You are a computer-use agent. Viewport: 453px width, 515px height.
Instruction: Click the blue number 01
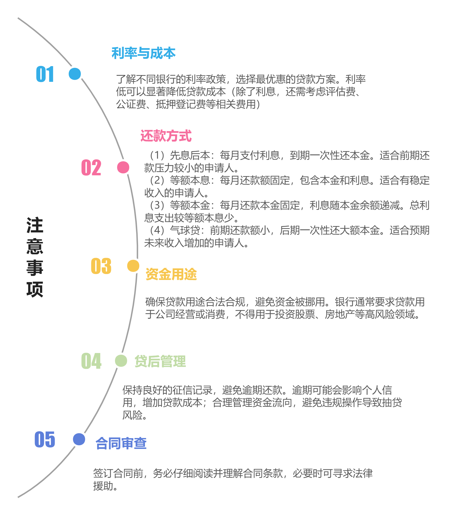45,74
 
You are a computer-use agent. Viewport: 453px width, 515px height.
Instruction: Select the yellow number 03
101,266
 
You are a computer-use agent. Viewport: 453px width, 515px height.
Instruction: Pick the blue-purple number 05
45,439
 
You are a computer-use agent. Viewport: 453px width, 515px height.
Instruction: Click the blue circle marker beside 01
75,74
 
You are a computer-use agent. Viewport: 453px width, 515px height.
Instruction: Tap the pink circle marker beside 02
123,167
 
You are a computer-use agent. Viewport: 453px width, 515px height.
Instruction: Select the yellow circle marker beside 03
133,266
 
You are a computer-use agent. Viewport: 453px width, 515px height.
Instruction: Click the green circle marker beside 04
121,361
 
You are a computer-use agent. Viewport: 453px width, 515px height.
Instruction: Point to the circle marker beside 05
79,439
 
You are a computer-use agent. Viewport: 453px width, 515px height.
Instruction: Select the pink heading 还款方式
166,136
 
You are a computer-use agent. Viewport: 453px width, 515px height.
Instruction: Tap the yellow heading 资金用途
171,274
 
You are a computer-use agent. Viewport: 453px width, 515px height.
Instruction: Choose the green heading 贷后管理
160,361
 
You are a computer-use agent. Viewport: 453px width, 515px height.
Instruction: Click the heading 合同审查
121,443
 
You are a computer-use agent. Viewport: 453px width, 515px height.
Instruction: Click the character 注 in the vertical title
35,225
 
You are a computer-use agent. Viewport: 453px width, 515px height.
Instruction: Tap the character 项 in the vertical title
35,289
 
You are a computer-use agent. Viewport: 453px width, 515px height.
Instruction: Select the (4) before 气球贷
157,230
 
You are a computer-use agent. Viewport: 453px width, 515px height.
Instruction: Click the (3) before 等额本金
157,205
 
